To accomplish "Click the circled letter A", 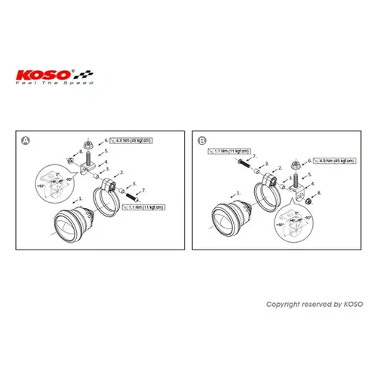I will [26, 141].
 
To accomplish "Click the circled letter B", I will [201, 141].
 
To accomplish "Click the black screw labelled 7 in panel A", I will [137, 194].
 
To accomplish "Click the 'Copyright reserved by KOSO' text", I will [314, 304].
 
